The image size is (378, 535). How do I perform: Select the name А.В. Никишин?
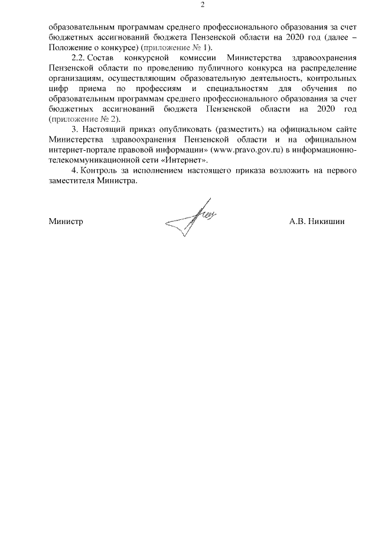(317, 222)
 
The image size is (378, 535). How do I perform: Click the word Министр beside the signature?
(66, 222)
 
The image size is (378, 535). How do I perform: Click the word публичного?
(197, 68)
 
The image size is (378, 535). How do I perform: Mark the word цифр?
(58, 89)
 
